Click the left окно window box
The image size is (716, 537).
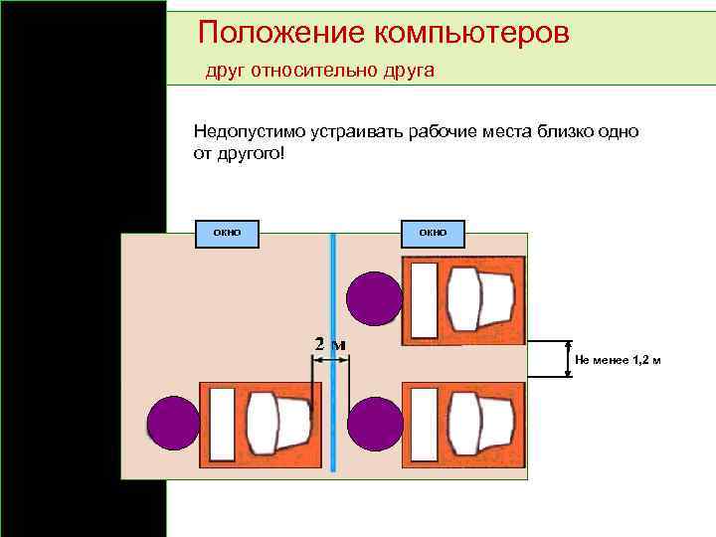[x=227, y=232]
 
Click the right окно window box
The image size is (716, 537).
[x=433, y=232]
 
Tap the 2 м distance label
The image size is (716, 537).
[x=330, y=344]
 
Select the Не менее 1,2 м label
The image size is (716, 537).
[x=617, y=359]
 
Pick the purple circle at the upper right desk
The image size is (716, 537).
[x=375, y=296]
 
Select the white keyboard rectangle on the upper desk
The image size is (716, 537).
[x=425, y=300]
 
